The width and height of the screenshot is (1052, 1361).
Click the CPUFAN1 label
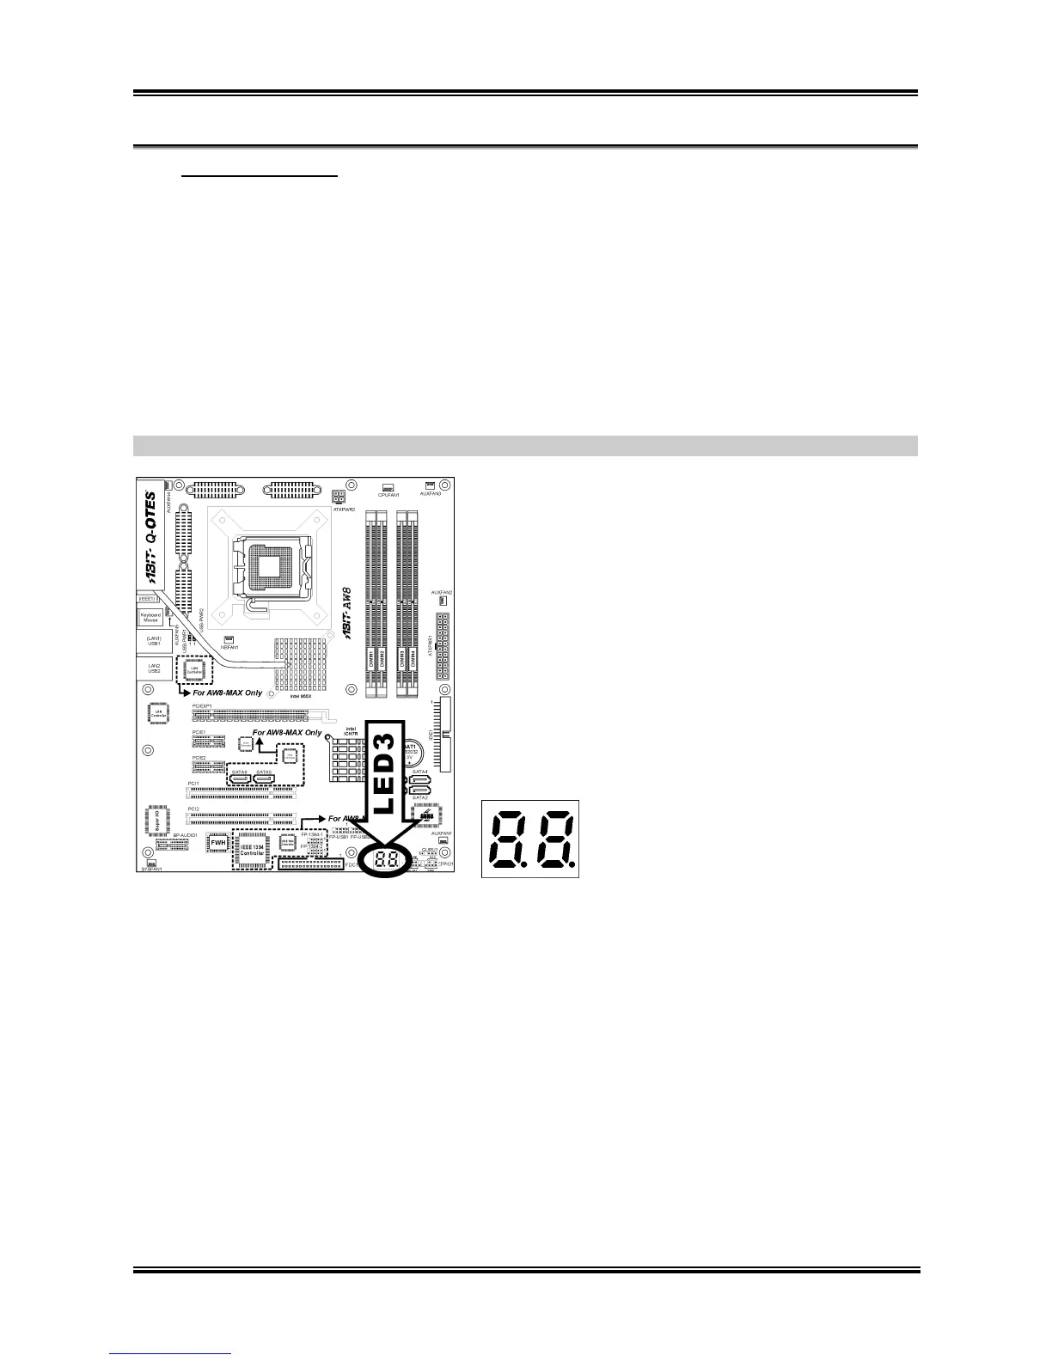click(388, 495)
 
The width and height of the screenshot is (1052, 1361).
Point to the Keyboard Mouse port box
click(150, 617)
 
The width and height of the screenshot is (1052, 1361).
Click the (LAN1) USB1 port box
click(153, 641)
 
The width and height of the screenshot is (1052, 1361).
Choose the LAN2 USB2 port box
click(153, 668)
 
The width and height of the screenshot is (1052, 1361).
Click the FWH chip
click(217, 844)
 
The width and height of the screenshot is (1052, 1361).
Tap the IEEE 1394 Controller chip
click(252, 848)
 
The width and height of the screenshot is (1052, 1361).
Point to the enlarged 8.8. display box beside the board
click(530, 839)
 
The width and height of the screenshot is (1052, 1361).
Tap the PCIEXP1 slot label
click(202, 705)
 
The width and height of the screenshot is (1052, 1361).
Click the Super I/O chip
click(157, 821)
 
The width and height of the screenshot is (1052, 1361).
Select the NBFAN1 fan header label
click(229, 647)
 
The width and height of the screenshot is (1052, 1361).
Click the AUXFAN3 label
click(430, 494)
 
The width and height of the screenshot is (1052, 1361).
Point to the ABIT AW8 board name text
click(352, 611)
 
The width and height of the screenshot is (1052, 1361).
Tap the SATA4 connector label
click(419, 772)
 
